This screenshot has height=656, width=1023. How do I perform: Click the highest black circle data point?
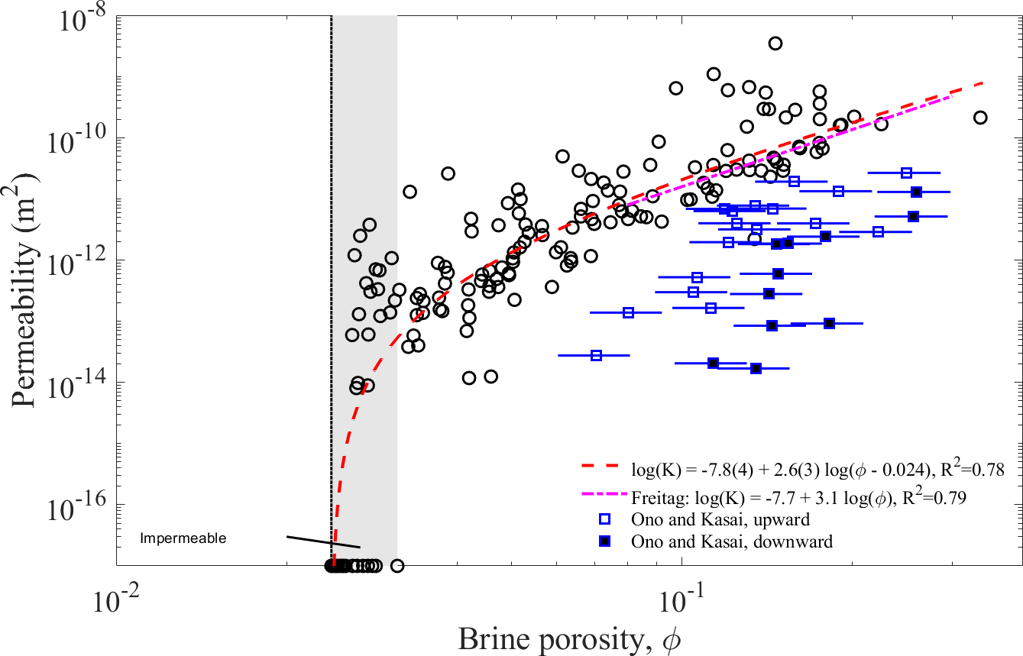(775, 44)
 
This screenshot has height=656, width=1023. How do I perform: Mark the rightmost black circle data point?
(980, 118)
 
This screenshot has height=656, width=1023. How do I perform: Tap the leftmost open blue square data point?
(597, 355)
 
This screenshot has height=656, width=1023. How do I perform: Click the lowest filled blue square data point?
(756, 368)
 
